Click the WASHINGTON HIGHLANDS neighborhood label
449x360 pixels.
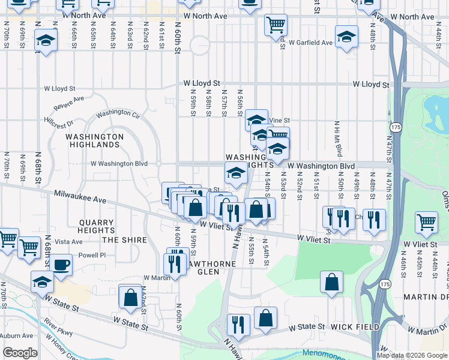click(94, 140)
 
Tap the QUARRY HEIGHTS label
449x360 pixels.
click(96, 226)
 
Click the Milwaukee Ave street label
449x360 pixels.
click(80, 198)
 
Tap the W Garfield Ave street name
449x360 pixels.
click(310, 43)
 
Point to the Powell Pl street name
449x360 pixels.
click(92, 255)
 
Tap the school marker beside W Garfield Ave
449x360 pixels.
click(346, 37)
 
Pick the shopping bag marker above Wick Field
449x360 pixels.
click(331, 282)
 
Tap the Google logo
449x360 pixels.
click(20, 353)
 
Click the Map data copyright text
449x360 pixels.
click(411, 355)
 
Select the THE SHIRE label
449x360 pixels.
click(124, 240)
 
